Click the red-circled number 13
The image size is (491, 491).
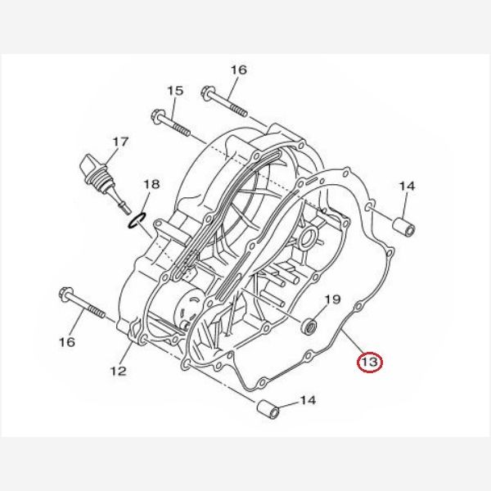click(x=370, y=362)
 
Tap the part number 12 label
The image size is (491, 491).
click(x=118, y=371)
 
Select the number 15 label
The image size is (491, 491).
click(x=175, y=91)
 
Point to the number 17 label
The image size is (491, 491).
click(x=120, y=142)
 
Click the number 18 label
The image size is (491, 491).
click(x=151, y=184)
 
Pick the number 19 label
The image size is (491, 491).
click(x=332, y=300)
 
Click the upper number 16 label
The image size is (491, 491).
click(x=239, y=70)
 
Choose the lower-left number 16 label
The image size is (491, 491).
click(x=67, y=341)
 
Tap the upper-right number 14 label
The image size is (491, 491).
click(x=407, y=186)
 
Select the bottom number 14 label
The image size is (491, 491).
click(x=308, y=400)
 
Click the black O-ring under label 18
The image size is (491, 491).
click(x=136, y=220)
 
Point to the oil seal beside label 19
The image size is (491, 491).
click(x=309, y=326)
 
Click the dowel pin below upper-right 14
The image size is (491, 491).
click(x=404, y=227)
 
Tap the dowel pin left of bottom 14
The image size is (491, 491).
click(x=268, y=409)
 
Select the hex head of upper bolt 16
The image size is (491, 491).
click(x=208, y=93)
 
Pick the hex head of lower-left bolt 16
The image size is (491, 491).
click(x=65, y=295)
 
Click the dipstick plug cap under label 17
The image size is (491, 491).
click(x=90, y=164)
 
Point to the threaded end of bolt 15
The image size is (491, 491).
click(x=182, y=129)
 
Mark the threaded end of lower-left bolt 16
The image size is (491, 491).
click(x=97, y=312)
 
